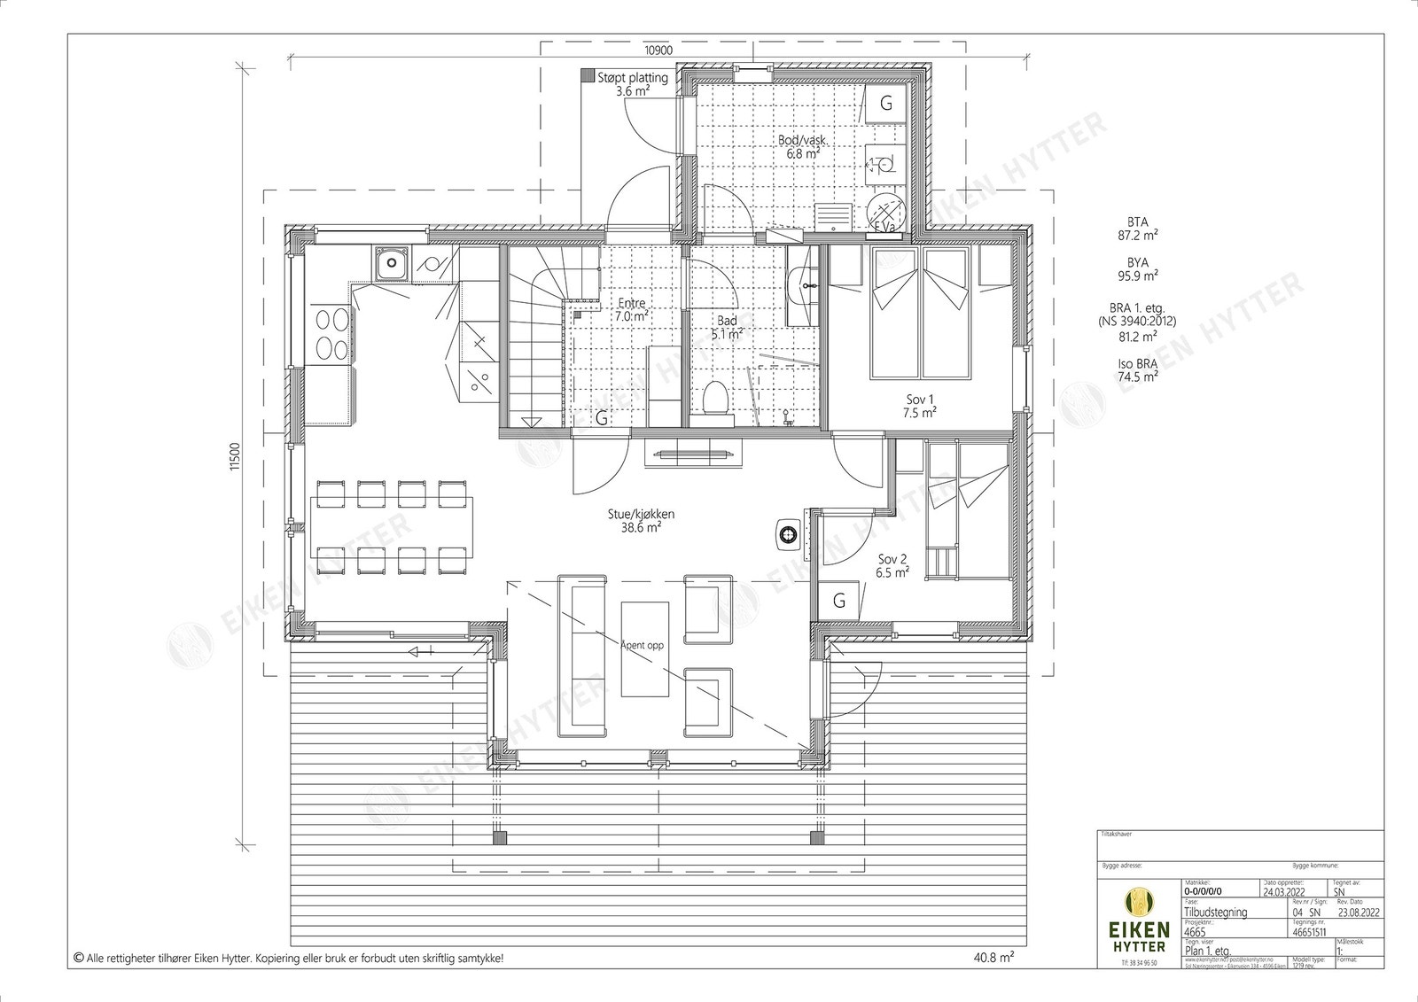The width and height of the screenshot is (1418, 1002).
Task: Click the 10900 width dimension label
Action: click(x=657, y=51)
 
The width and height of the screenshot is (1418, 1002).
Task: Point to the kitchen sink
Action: click(x=390, y=263)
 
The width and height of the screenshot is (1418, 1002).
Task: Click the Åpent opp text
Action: click(x=642, y=646)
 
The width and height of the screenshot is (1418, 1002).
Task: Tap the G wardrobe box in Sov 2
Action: click(x=838, y=602)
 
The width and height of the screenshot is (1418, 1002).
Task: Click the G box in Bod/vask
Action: click(x=884, y=104)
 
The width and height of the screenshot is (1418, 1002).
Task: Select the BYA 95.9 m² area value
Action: click(x=1138, y=269)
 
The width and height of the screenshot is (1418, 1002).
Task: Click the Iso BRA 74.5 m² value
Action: click(x=1138, y=369)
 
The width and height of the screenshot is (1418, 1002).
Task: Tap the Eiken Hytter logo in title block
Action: click(x=1139, y=921)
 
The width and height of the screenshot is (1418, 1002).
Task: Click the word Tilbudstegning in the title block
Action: click(x=1216, y=912)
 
